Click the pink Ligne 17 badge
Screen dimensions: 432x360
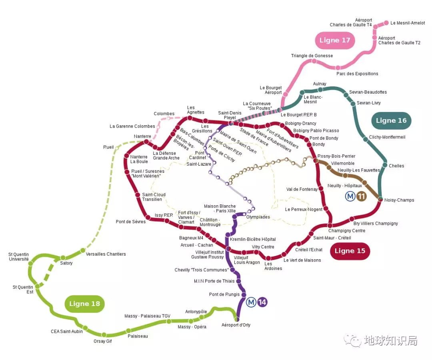click(335, 40)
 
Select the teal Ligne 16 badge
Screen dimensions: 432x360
click(391, 121)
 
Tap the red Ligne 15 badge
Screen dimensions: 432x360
click(350, 251)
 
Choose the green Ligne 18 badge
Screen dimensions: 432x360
click(84, 304)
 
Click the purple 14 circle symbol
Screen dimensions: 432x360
click(262, 302)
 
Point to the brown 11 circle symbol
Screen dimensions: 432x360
click(361, 196)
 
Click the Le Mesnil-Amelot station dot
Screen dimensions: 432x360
click(386, 23)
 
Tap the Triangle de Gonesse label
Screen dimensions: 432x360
click(312, 56)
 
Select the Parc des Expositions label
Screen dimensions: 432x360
click(357, 74)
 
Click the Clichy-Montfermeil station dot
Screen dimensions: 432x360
click(366, 139)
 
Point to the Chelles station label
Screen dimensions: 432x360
click(396, 166)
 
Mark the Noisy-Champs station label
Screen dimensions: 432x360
click(399, 200)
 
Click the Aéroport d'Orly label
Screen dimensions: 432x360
click(236, 325)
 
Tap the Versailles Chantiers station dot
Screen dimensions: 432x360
click(83, 251)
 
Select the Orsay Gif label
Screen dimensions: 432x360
click(102, 341)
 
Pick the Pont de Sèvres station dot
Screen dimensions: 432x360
click(148, 218)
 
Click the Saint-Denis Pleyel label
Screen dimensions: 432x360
click(230, 115)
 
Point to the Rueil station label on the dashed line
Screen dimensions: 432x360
click(108, 147)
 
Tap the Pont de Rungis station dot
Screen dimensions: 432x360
click(244, 295)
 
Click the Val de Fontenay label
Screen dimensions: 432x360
click(302, 189)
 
